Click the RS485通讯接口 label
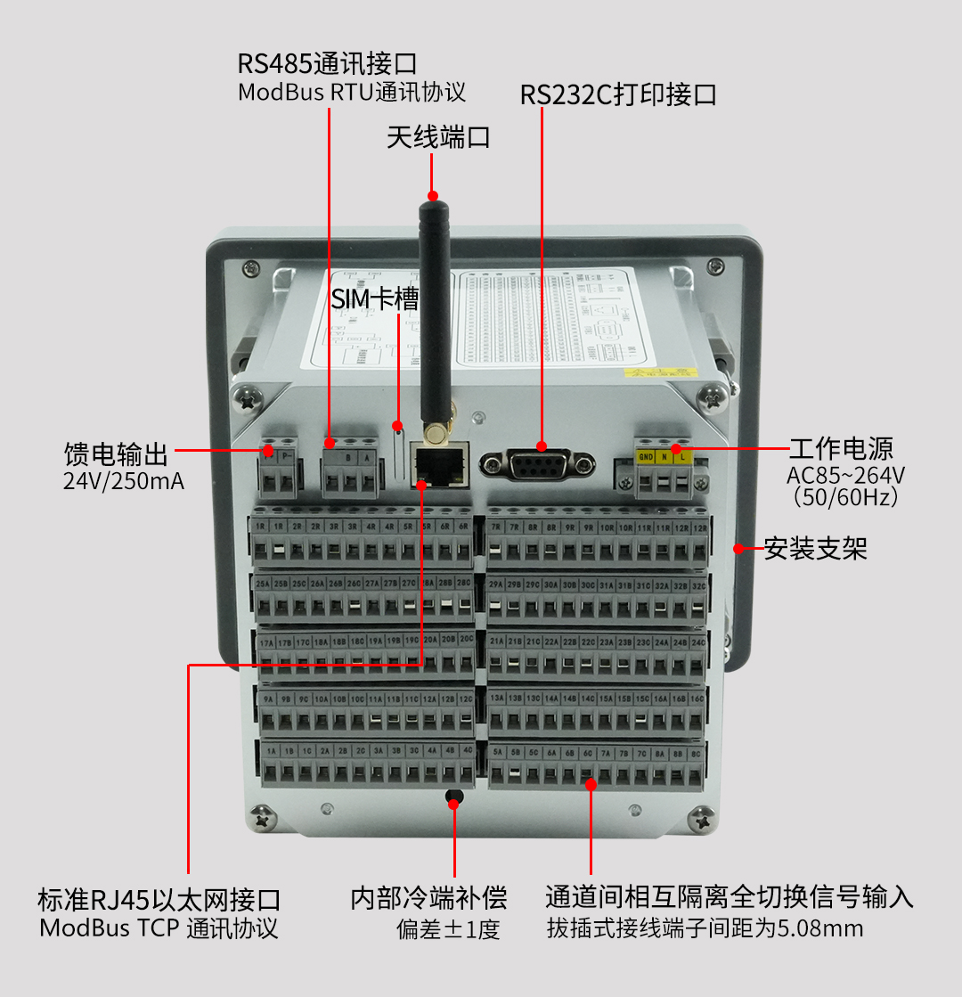point(327,64)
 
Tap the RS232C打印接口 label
point(618,95)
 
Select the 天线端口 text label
point(438,138)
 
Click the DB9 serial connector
point(537,464)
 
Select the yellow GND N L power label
point(663,457)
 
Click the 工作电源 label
point(841,448)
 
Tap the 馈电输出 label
point(117,454)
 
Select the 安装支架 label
point(815,548)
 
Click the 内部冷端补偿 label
point(428,897)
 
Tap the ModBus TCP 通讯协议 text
point(159,928)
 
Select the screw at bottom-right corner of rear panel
point(704,815)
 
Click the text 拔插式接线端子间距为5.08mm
point(705,928)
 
